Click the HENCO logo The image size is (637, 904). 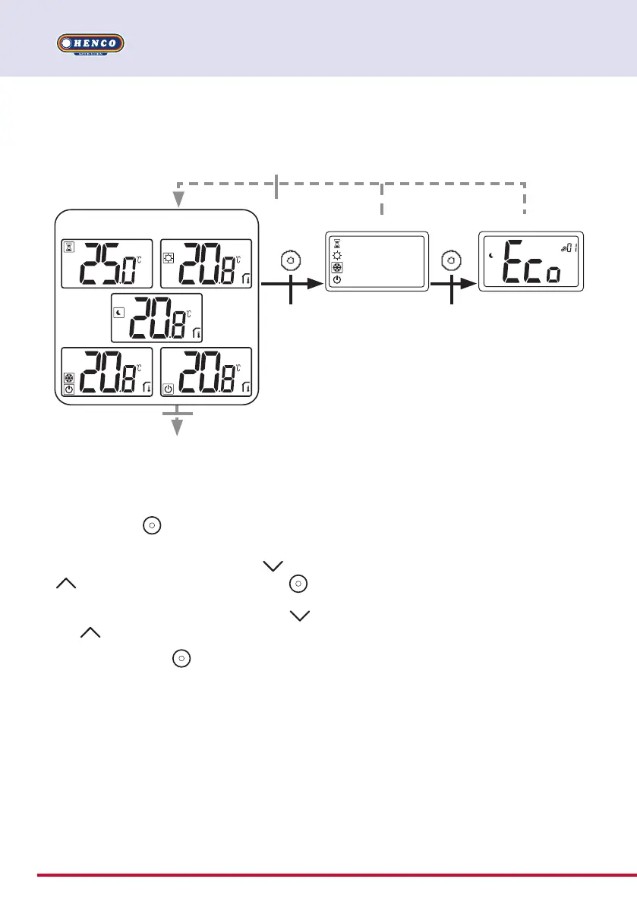[x=90, y=43]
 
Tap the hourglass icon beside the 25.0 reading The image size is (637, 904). [x=68, y=247]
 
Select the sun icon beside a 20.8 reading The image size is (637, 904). [x=169, y=257]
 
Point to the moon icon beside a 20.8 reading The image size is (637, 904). [x=118, y=311]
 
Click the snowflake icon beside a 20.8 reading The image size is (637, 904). [x=68, y=376]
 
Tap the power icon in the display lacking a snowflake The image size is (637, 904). [x=168, y=389]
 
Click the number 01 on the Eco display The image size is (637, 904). [x=569, y=246]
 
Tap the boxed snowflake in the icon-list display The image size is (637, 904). [x=337, y=267]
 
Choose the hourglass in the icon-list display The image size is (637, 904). [x=337, y=243]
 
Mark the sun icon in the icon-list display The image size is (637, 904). [x=337, y=255]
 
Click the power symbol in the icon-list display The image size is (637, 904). [x=337, y=279]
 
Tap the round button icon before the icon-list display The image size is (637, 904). [x=291, y=261]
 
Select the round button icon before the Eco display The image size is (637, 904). [x=452, y=261]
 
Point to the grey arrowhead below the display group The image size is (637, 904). [x=178, y=427]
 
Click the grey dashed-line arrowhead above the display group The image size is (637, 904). [x=178, y=199]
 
